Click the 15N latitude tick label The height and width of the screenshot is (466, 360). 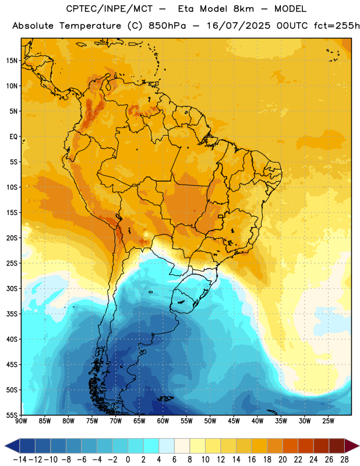click(12, 61)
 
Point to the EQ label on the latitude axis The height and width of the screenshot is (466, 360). click(13, 137)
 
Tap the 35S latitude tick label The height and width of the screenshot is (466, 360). click(12, 314)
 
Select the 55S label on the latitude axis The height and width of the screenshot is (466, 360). click(12, 415)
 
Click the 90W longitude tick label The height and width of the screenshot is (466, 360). click(21, 421)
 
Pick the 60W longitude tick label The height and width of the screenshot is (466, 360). click(163, 421)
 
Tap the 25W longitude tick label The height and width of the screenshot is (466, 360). click(328, 421)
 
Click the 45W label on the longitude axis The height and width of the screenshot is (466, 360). click(234, 421)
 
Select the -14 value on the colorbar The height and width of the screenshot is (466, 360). click(20, 460)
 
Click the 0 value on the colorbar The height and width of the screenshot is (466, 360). click(128, 460)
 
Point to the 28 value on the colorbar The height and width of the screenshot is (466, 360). click(344, 460)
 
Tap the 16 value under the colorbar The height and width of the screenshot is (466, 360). click(252, 460)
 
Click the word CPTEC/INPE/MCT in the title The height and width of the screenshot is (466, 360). click(109, 9)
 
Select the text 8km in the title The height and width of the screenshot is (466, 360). click(243, 9)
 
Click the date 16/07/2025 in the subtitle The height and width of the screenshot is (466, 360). click(239, 26)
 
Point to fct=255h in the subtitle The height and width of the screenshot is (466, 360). click(337, 26)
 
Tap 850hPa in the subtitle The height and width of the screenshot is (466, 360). click(167, 26)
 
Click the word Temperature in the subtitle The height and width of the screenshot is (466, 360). click(90, 26)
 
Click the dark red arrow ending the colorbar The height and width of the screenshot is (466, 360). click(352, 446)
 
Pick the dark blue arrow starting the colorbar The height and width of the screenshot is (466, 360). click(12, 446)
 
